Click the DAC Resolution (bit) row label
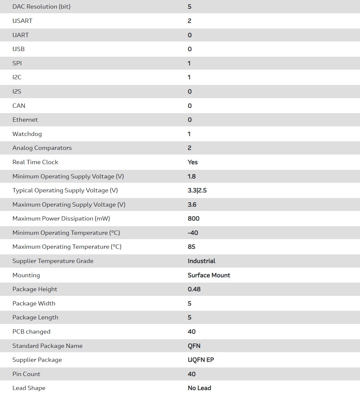pos(41,7)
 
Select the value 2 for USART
pos(189,21)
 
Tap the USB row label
pos(19,49)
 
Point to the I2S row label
pos(17,92)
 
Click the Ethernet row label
pos(25,120)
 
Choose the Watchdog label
pos(27,134)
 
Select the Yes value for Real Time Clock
pos(193,162)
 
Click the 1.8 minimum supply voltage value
pos(192,176)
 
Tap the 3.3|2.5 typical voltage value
pos(197,190)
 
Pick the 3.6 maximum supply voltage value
pos(192,205)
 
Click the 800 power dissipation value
pos(194,219)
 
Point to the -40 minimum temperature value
pos(193,233)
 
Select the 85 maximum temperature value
pos(191,247)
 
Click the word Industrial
pos(201,261)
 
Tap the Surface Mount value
pos(209,275)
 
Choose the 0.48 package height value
pos(194,289)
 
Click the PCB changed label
pos(32,332)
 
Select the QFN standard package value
pos(194,346)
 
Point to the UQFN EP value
pos(201,360)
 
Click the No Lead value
pos(199,388)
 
